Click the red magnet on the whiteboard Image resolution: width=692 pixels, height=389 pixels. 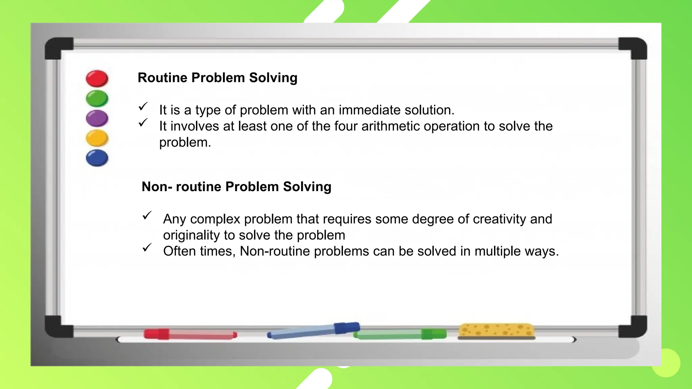click(97, 78)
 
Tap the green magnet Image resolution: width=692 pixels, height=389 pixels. click(97, 98)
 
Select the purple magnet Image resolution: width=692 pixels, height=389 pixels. click(97, 118)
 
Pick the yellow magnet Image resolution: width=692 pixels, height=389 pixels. click(97, 138)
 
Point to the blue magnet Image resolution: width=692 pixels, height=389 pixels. click(97, 158)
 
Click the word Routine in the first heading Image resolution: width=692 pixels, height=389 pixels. click(163, 78)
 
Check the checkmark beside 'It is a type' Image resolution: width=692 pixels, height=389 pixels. click(143, 106)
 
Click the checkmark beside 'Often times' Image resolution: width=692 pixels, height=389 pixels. click(147, 248)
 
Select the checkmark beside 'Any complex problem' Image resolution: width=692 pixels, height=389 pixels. click(147, 215)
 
